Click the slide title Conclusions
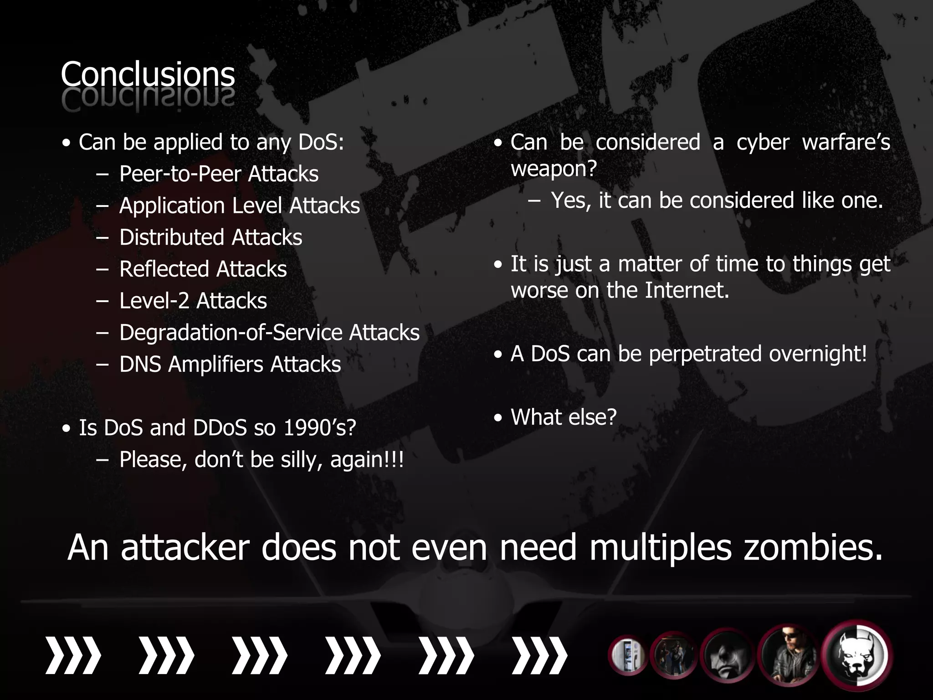[148, 75]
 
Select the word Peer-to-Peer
[179, 174]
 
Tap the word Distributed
[172, 237]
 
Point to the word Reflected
[158, 269]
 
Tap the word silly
[302, 459]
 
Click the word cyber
[763, 142]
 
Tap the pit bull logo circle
[857, 655]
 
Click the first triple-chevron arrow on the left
[73, 656]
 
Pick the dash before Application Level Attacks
[103, 206]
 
